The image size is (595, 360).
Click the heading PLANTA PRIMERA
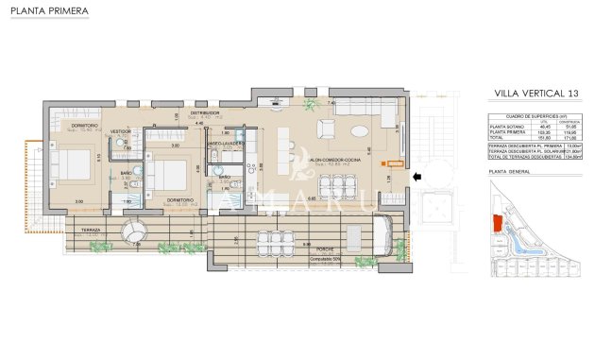tap(49, 12)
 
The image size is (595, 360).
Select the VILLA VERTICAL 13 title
tap(536, 94)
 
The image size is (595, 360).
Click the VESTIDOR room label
tap(122, 130)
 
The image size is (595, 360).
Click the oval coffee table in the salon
tap(362, 130)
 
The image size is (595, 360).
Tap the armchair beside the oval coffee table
tap(326, 129)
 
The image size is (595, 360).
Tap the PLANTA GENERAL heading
tap(510, 171)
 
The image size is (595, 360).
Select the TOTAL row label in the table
tap(497, 138)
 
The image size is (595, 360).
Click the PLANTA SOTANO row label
tap(504, 127)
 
